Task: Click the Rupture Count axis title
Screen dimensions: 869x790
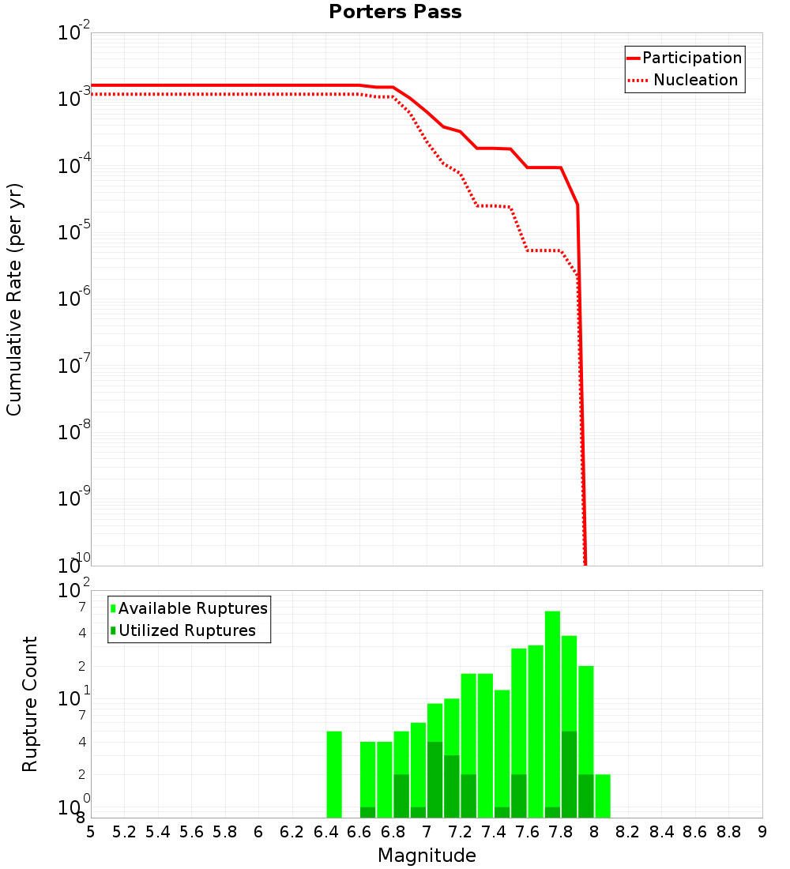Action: coord(30,704)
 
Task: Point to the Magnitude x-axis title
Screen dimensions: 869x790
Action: coord(427,856)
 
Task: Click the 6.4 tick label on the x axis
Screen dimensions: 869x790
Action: coord(325,832)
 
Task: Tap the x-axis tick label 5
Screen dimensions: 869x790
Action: coord(91,832)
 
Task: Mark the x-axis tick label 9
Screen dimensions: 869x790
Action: coord(762,832)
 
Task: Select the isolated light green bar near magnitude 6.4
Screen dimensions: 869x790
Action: coord(334,774)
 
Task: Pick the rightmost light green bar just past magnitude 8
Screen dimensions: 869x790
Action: coord(603,796)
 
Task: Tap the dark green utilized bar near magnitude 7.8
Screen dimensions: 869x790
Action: coord(569,774)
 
